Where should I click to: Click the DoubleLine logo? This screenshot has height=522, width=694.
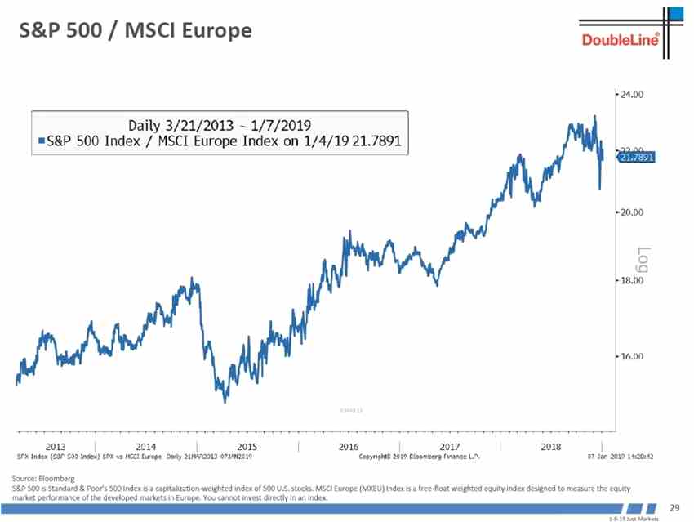coord(620,40)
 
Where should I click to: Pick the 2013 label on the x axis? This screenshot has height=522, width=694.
coord(56,446)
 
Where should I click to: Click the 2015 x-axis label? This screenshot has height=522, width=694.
coord(247,446)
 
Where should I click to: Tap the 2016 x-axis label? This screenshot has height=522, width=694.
coord(348,446)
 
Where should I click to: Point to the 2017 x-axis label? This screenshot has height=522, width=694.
coord(449,446)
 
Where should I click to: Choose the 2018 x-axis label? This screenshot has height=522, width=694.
coord(551,446)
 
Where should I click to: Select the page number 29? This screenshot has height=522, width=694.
coord(674,508)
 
